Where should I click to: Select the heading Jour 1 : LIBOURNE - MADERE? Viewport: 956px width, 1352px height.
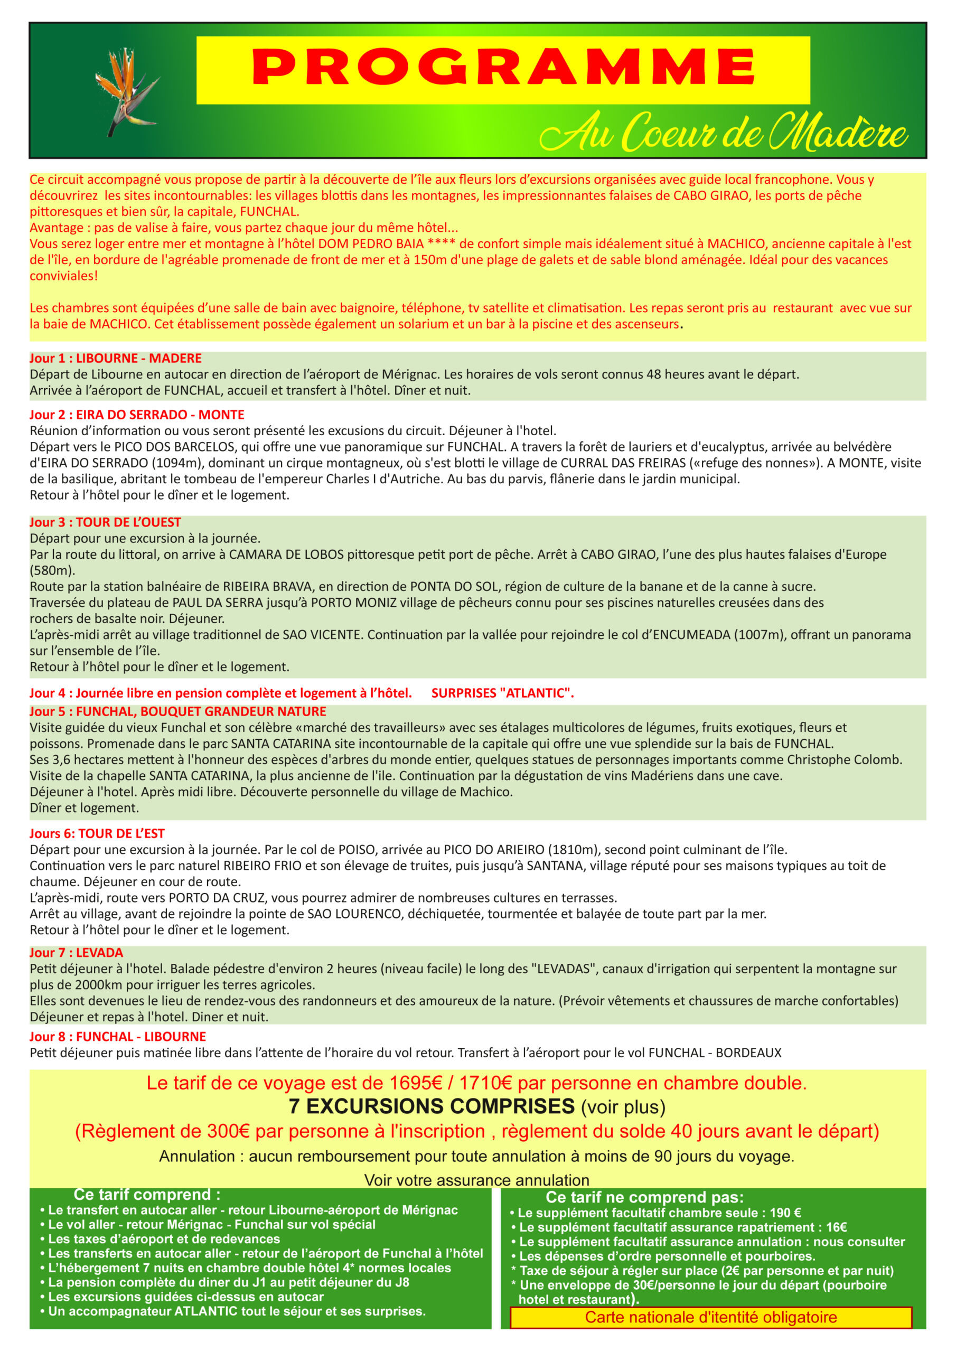(116, 358)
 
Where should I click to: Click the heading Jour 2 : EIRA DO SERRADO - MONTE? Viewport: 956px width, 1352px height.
(137, 415)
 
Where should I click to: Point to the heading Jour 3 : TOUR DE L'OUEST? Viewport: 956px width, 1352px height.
(106, 522)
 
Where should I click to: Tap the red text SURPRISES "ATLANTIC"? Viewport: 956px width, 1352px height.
(502, 693)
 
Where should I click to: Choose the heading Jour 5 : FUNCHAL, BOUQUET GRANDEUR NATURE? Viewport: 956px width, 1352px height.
(178, 711)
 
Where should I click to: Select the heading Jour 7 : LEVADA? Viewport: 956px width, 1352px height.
(77, 953)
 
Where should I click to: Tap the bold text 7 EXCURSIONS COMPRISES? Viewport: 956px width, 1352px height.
(432, 1106)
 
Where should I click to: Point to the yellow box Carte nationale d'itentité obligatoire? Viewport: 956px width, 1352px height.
(710, 1317)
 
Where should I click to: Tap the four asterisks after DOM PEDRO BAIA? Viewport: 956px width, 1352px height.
(441, 244)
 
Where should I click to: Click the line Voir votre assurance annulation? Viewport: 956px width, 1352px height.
(476, 1180)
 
